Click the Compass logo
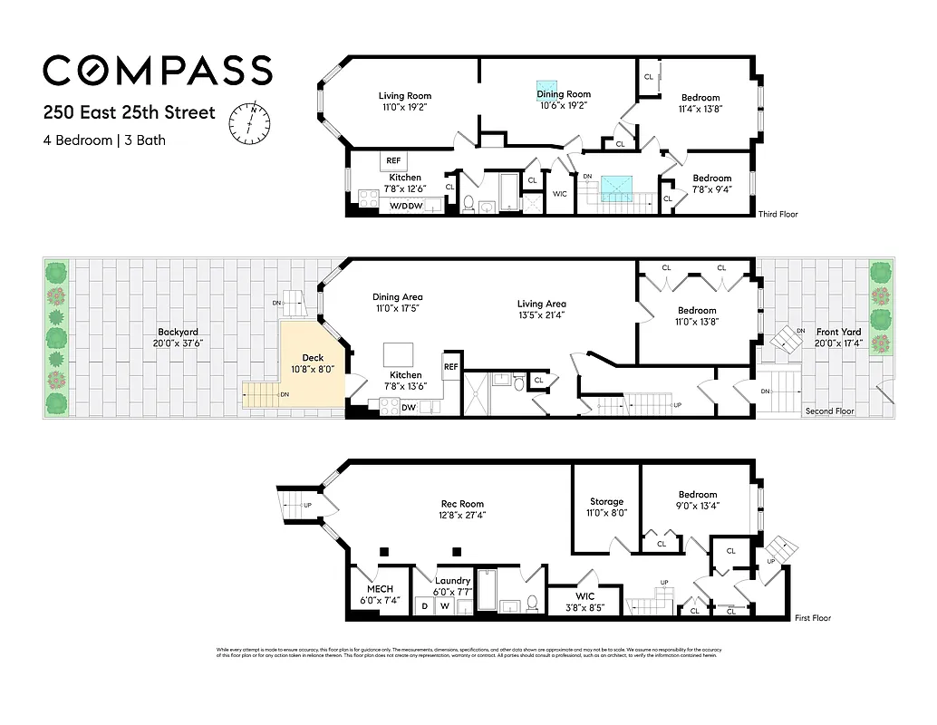tap(157, 71)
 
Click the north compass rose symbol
tap(248, 121)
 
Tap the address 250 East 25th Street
tap(129, 113)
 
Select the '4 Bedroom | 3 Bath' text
tap(104, 140)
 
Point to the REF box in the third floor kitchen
tap(394, 160)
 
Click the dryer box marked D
tap(423, 605)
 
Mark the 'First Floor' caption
tap(812, 618)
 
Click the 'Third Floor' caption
tap(778, 215)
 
